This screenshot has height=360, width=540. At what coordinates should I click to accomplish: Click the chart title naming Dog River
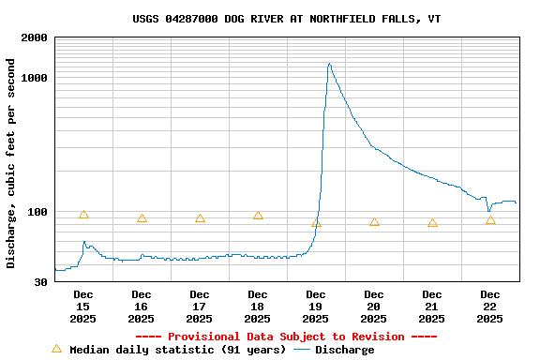[286, 19]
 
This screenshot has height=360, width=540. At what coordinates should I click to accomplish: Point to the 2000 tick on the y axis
[35, 37]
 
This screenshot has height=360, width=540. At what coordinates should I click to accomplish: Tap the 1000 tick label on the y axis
[35, 78]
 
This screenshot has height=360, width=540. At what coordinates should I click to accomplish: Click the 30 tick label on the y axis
[40, 282]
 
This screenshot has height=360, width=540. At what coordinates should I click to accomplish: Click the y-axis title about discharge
[11, 163]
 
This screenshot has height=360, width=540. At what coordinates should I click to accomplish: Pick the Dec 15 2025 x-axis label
[83, 307]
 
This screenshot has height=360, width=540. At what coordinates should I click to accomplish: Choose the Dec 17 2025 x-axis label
[200, 307]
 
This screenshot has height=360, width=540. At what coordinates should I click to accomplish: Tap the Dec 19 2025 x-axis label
[316, 307]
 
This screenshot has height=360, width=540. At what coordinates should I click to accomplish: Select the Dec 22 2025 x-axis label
[490, 307]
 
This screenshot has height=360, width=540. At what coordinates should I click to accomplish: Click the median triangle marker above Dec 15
[83, 215]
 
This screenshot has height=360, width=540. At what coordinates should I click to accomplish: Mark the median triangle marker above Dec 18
[258, 215]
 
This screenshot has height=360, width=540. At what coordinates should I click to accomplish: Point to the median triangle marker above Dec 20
[374, 222]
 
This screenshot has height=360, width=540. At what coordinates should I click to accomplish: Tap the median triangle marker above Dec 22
[490, 220]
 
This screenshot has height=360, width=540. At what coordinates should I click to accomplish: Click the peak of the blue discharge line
[329, 64]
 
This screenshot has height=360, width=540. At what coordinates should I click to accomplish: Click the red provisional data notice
[286, 337]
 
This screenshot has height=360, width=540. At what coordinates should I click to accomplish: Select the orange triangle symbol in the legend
[56, 349]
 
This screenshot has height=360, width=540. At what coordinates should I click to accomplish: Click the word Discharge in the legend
[344, 350]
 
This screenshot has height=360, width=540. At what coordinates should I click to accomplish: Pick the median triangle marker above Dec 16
[142, 218]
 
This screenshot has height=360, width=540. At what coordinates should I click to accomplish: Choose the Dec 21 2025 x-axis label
[432, 307]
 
